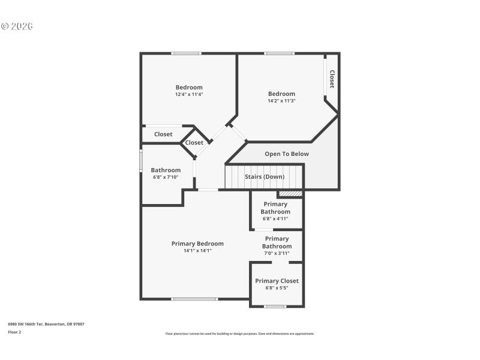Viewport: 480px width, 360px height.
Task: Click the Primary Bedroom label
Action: coord(197,244)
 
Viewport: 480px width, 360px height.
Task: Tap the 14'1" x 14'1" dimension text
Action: coord(197,251)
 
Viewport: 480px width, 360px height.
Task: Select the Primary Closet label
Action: coord(277,281)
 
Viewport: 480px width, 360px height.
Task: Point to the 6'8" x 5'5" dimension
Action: coord(277,288)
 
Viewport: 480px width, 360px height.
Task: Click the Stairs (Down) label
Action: coord(264,177)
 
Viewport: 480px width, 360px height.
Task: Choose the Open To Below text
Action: coord(287,154)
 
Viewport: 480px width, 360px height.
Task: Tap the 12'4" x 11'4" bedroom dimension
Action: coord(189,94)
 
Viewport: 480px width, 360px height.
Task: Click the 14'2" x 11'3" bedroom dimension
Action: coord(281,101)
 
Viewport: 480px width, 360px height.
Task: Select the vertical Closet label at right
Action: coord(331,79)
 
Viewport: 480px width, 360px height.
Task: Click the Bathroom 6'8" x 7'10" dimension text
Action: coord(166,177)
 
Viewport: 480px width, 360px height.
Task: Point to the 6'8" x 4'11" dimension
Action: coord(275,218)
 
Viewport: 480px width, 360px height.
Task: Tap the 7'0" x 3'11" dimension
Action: coord(277,253)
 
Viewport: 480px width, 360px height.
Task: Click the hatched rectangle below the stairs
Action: coord(290,194)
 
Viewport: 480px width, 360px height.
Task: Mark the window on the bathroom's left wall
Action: coord(141,161)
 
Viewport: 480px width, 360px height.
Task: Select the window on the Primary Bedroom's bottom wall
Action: coord(194,299)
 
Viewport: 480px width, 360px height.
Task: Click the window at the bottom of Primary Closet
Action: coord(275,307)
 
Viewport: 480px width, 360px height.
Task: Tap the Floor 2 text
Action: coord(14,332)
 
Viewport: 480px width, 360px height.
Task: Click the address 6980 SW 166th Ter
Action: coord(46,324)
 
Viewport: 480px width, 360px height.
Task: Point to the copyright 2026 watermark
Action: coord(17,26)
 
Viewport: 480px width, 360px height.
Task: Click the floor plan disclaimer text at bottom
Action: coord(239,334)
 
